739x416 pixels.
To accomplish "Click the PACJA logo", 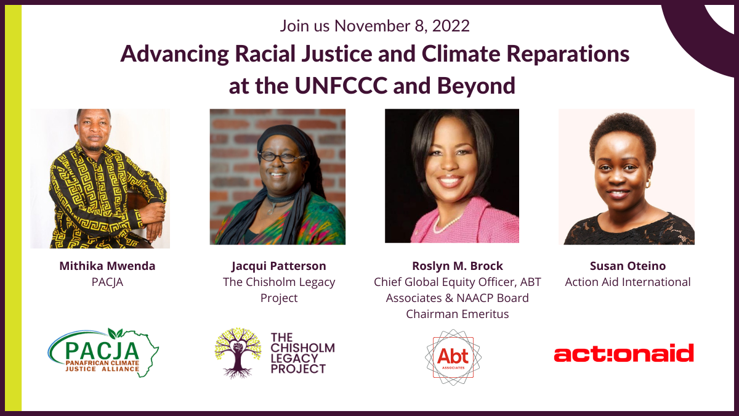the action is (103, 353).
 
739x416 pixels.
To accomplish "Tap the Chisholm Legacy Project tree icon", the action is (238, 353).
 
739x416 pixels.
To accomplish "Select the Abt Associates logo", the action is (453, 357).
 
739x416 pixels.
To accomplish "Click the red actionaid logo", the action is (624, 353).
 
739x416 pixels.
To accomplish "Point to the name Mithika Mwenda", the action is (107, 266).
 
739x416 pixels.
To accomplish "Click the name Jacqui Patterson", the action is (279, 266).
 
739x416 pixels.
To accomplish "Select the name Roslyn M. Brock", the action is (458, 266).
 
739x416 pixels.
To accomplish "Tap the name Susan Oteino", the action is (628, 266).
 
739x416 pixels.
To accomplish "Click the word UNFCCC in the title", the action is (341, 86).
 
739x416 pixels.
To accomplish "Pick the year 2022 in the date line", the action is (451, 26).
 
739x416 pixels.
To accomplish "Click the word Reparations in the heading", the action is (568, 54).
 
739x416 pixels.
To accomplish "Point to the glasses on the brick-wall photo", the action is (281, 157).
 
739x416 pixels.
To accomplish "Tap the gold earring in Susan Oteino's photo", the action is (648, 184).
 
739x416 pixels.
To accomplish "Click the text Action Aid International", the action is (628, 282).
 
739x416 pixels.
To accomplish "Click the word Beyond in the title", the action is (476, 86).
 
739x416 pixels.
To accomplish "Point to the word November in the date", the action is (372, 26).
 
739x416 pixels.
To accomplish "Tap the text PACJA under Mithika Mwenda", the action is (107, 282).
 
